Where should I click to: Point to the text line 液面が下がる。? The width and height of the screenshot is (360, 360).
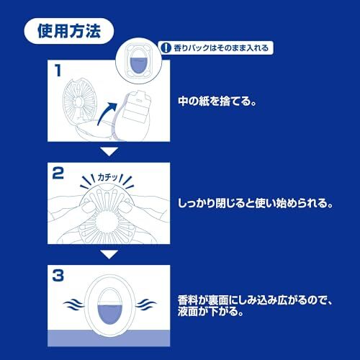point(210,313)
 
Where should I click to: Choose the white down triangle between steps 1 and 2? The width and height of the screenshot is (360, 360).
point(108,152)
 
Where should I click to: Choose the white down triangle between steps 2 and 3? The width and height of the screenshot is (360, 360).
point(108,254)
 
